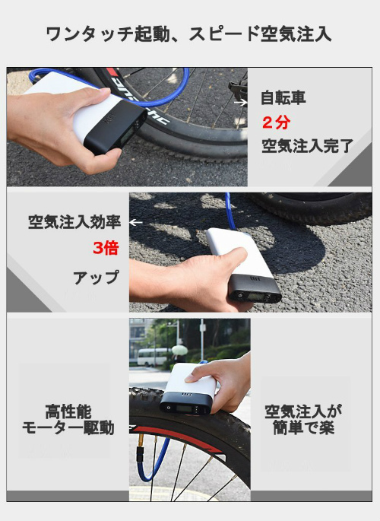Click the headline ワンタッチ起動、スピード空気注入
click(188, 34)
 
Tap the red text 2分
click(276, 122)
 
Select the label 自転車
click(283, 97)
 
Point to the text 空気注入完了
click(307, 146)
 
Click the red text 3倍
click(106, 248)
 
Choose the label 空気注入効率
click(74, 222)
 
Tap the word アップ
click(96, 278)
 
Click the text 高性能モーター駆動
click(68, 420)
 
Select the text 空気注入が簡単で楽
click(303, 419)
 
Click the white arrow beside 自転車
click(241, 103)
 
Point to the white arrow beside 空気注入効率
click(136, 222)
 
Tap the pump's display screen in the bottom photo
click(184, 408)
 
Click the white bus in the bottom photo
click(153, 357)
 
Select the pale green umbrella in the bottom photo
click(179, 350)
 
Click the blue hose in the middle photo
click(230, 211)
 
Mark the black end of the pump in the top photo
click(116, 127)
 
